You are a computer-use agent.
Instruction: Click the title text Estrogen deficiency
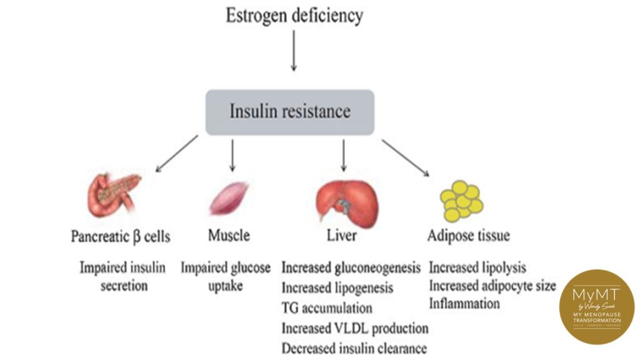294,16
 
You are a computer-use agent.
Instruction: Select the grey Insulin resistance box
290,112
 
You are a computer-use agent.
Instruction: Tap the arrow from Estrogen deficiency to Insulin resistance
293,56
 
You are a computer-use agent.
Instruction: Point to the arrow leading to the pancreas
177,154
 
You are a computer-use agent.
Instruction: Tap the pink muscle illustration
228,199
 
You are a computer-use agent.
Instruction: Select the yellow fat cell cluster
462,201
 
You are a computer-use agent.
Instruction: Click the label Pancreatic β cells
121,237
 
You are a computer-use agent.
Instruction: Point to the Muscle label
229,236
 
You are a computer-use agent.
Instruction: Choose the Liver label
341,236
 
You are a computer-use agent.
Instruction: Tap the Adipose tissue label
468,236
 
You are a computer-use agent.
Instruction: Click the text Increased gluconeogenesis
351,268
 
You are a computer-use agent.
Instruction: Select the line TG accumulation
327,308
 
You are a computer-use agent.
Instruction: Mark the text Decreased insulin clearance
354,348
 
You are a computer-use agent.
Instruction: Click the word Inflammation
464,304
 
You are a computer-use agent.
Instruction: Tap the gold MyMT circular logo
597,306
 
